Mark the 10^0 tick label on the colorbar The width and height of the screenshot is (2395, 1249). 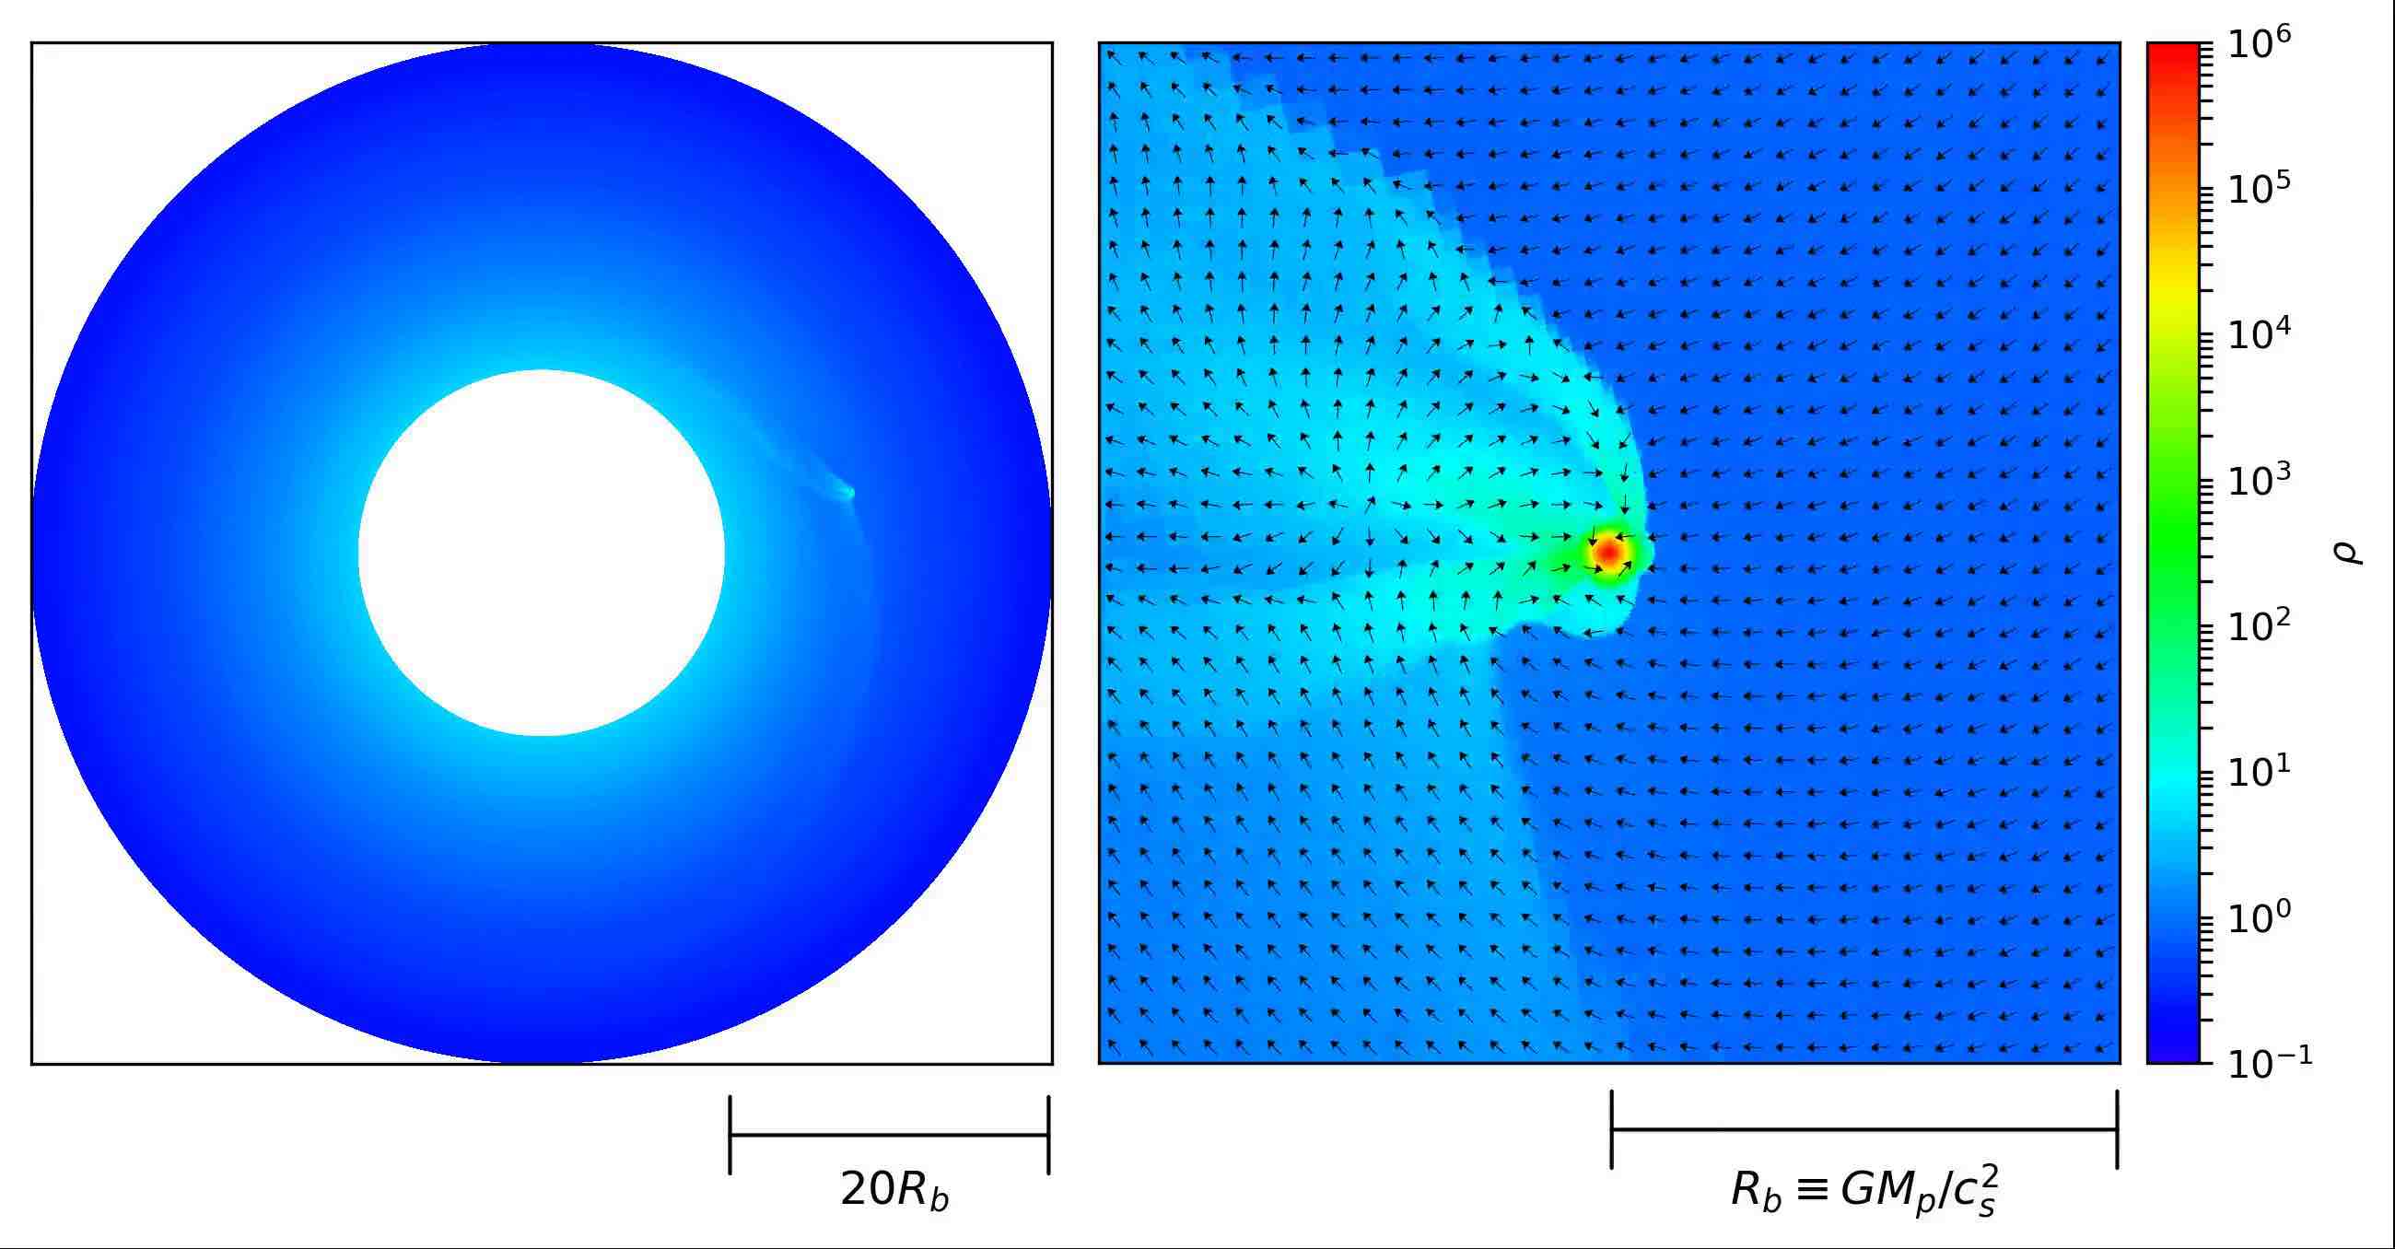[2261, 919]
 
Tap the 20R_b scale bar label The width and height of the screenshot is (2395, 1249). [894, 1191]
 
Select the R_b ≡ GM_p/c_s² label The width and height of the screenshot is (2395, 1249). [1865, 1192]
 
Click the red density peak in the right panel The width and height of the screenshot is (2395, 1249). [1607, 553]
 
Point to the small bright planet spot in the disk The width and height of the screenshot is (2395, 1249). [847, 493]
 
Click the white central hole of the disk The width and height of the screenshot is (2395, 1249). [541, 553]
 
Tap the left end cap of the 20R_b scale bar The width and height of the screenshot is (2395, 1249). [730, 1135]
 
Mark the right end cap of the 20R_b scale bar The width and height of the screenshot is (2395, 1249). [1049, 1135]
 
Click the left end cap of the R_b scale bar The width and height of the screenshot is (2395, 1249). [1612, 1129]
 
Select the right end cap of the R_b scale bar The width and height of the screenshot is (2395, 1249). [2117, 1129]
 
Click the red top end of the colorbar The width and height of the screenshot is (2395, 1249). [2173, 52]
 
